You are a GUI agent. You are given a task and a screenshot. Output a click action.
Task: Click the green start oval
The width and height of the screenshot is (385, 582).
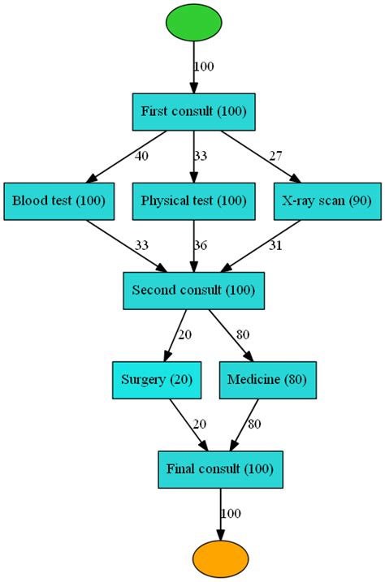pos(193,24)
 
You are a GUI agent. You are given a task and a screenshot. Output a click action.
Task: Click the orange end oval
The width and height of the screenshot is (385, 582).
pos(220,558)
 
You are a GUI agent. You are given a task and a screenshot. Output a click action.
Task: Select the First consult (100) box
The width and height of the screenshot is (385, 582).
pos(193,111)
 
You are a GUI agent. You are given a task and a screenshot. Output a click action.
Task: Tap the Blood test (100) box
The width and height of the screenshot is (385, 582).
pos(59,200)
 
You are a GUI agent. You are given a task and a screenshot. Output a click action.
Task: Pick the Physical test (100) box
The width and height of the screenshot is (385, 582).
pos(193,200)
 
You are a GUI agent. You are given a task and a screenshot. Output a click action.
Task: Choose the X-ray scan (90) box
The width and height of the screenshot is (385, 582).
pos(327,200)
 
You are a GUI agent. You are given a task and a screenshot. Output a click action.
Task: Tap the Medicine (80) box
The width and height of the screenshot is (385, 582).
pos(268,379)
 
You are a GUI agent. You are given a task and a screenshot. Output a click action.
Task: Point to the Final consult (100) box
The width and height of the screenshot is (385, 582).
pos(220,468)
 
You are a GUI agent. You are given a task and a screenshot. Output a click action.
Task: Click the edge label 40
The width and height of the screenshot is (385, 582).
pos(141,156)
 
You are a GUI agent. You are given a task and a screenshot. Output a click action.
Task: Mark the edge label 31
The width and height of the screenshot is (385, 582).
pos(276,245)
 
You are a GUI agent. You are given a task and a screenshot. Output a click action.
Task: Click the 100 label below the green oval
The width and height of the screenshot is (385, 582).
pos(205,67)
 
